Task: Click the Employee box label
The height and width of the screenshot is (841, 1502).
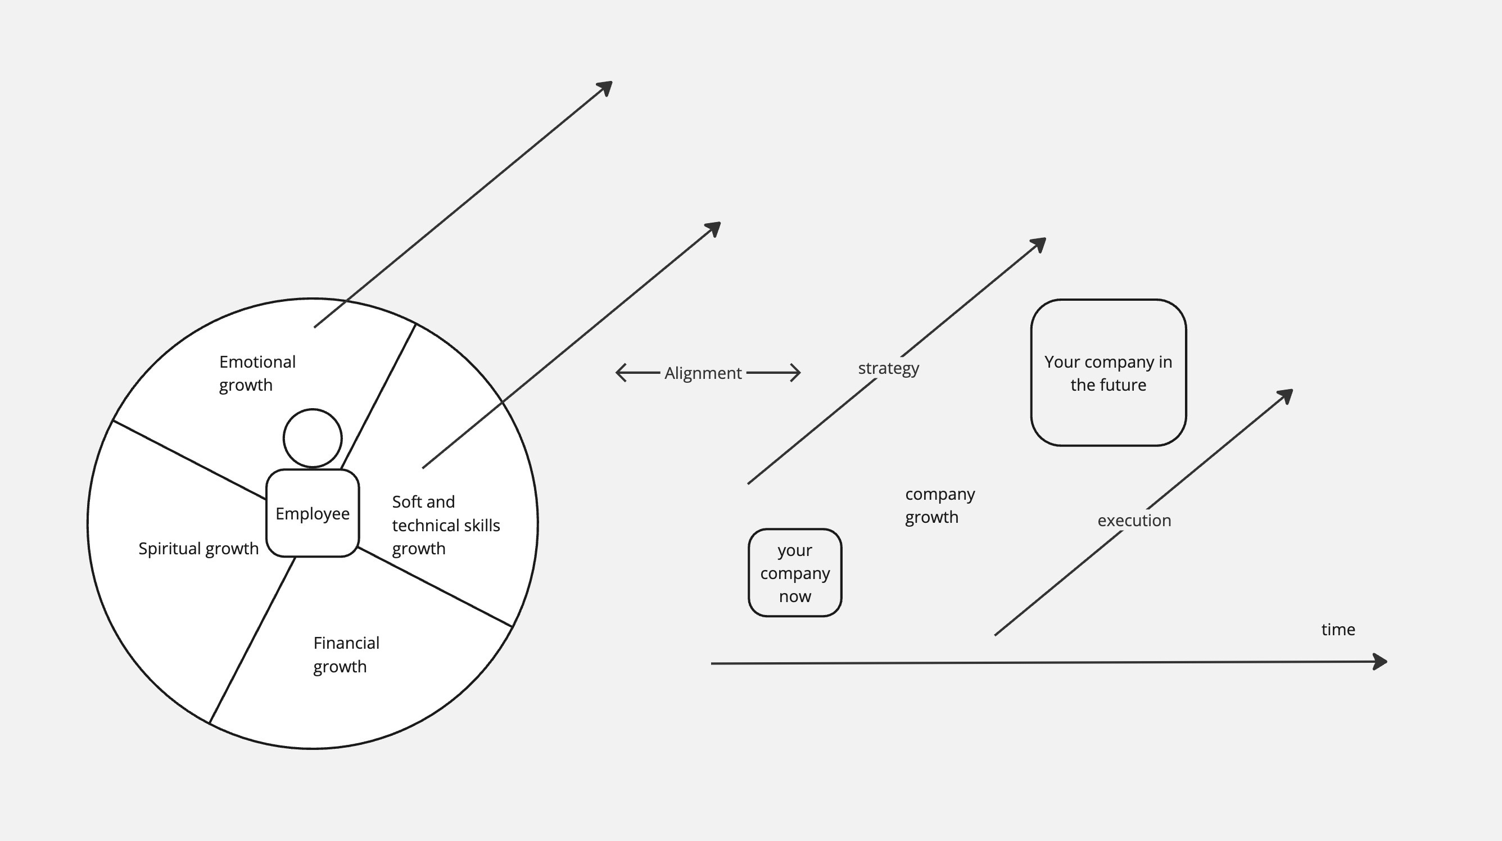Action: (x=313, y=514)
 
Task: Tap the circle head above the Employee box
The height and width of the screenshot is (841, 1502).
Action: (x=313, y=438)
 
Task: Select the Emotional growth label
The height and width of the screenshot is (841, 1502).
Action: (x=257, y=373)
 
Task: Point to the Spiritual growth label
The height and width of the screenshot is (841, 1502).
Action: (x=198, y=549)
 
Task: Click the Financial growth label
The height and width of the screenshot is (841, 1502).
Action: (x=346, y=654)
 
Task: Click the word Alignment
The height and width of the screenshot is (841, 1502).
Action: (x=703, y=373)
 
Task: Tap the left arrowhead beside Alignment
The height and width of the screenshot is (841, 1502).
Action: (x=620, y=373)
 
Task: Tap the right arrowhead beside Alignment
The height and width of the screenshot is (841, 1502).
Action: (x=797, y=373)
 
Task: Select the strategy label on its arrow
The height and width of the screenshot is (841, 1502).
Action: (x=888, y=369)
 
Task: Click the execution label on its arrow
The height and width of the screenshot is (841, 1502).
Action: (x=1134, y=520)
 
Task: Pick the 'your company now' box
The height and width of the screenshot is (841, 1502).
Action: (x=795, y=573)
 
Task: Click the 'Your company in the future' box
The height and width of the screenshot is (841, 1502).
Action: (x=1108, y=373)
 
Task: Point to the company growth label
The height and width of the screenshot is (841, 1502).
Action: (x=939, y=505)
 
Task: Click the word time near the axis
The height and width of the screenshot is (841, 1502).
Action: (x=1337, y=630)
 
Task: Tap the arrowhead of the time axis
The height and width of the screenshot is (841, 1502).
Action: (x=1381, y=662)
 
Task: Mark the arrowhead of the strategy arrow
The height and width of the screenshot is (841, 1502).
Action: (x=1039, y=244)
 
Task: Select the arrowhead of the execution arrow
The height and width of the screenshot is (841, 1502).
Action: (x=1286, y=395)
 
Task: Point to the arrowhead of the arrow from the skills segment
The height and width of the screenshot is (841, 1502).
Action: (x=714, y=228)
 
